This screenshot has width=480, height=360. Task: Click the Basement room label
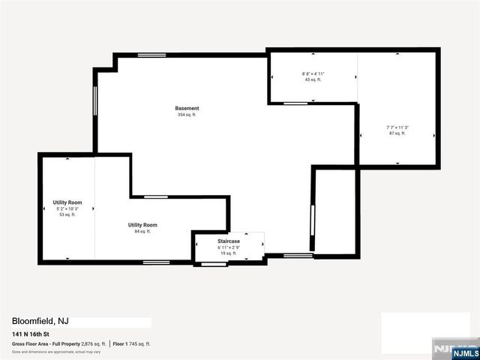[187, 108]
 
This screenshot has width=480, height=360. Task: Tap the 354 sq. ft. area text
[187, 115]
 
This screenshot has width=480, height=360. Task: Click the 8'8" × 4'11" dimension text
[313, 73]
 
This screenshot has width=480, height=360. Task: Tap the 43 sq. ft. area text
[313, 79]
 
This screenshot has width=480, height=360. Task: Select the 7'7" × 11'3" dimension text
[397, 127]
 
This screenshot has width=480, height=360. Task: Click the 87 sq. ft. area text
[397, 133]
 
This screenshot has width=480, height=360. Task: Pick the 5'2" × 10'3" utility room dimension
[67, 208]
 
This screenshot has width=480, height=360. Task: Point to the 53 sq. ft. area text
[67, 214]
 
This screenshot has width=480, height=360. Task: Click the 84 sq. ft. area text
[142, 232]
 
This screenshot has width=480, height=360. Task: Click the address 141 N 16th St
[35, 334]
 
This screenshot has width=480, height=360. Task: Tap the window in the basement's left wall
[94, 101]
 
